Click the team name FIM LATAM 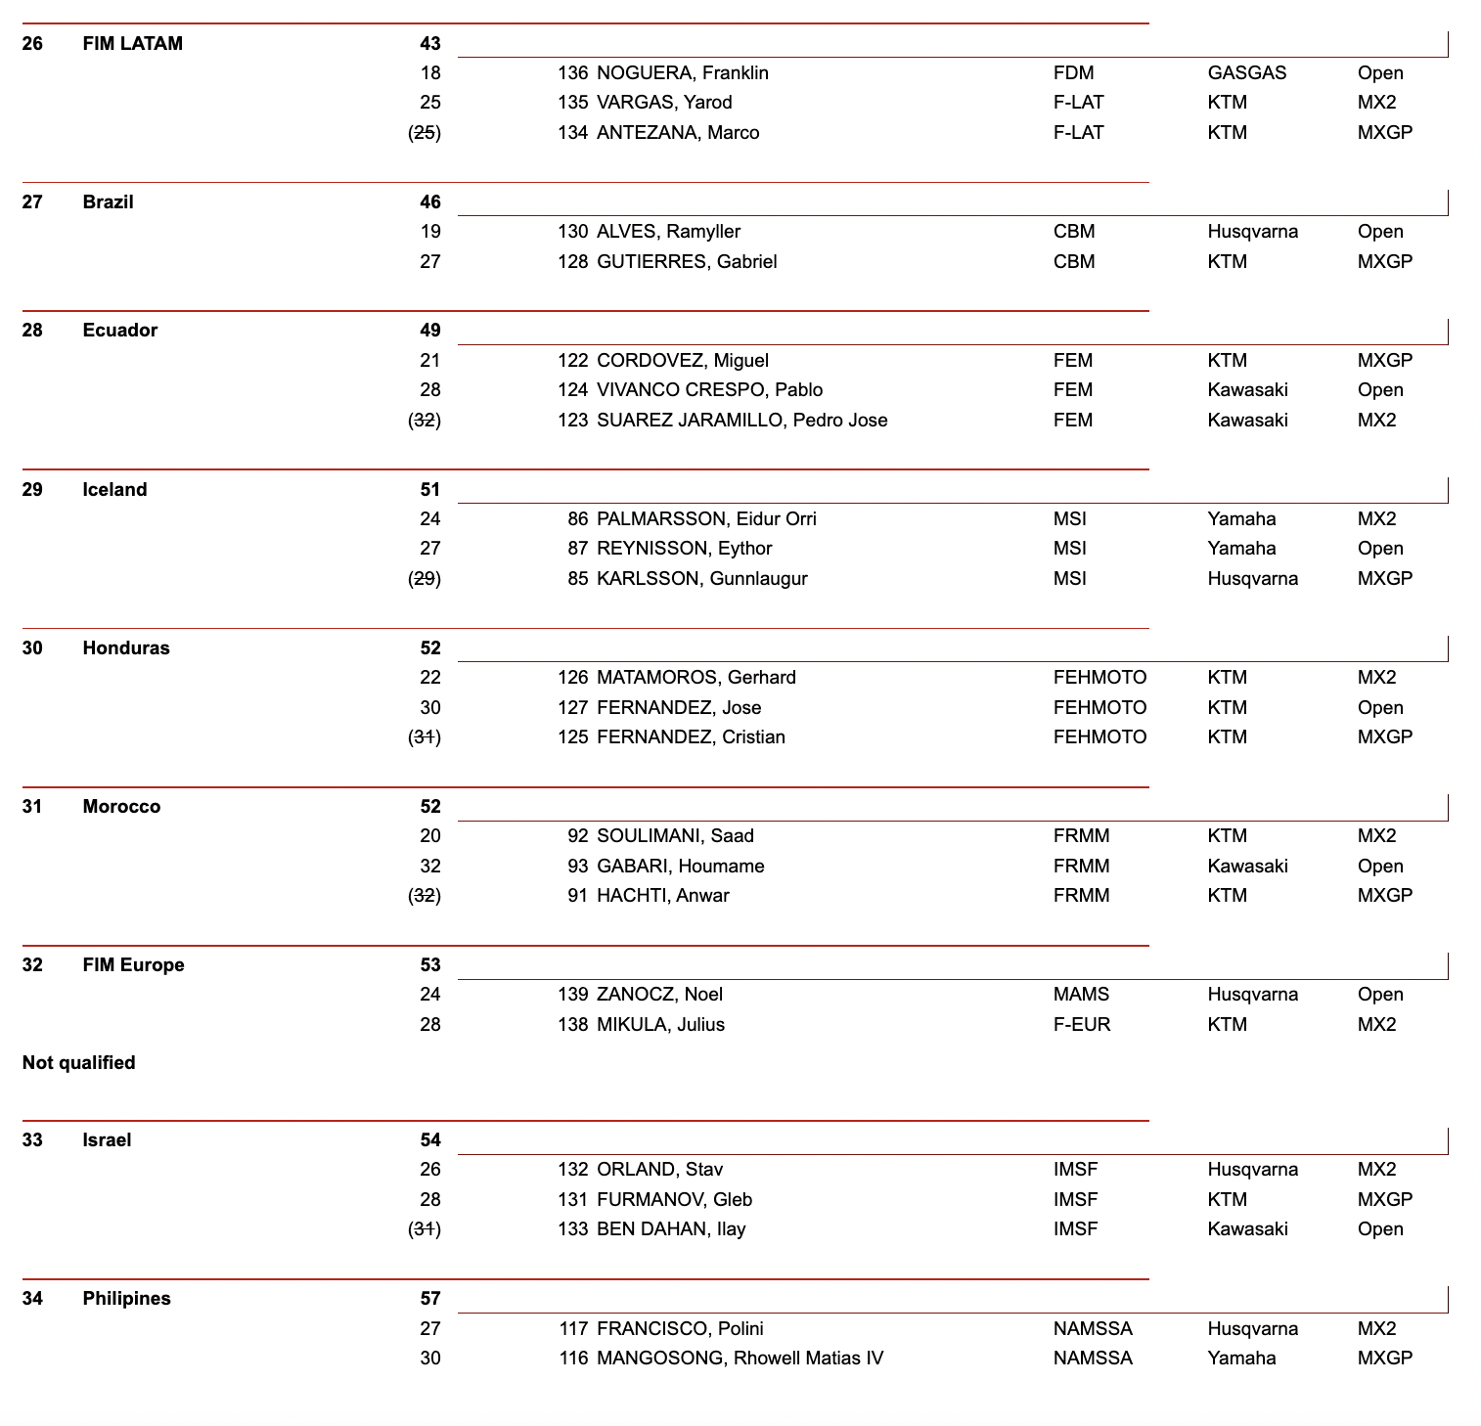point(132,43)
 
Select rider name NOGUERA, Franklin point(682,73)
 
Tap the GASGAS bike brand point(1246,73)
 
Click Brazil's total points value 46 point(430,202)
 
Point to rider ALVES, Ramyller point(668,232)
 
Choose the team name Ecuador point(119,331)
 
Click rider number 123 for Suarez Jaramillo point(572,421)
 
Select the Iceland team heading point(114,490)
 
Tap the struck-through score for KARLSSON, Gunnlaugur point(425,579)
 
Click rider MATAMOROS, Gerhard point(696,678)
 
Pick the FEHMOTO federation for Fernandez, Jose point(1100,708)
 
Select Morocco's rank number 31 point(32,807)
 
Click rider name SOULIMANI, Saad point(675,836)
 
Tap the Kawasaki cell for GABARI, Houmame point(1247,867)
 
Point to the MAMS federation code point(1081,995)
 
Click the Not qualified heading point(78,1063)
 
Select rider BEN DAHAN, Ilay point(671,1229)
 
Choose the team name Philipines point(126,1299)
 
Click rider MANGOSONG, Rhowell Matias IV point(740,1359)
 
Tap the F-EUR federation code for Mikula point(1082,1025)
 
